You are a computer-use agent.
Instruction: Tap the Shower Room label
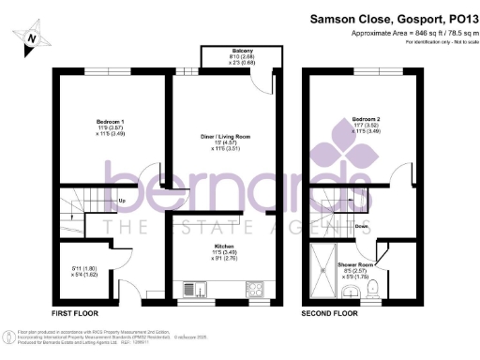(355, 264)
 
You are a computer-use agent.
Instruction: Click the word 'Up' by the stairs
(123, 201)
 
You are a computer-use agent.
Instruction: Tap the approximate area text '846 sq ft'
(412, 33)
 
